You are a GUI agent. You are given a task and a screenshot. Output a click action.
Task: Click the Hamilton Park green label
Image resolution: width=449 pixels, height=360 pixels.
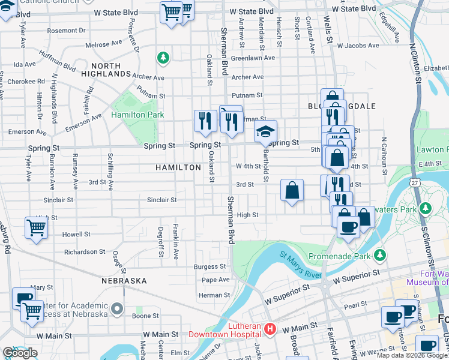[137, 114]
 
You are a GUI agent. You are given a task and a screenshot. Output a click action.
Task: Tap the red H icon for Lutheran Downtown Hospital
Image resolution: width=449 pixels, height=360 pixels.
[270, 329]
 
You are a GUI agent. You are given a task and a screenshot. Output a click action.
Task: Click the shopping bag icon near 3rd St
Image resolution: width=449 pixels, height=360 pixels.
[292, 191]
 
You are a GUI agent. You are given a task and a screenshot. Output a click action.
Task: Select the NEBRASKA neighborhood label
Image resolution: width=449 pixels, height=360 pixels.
[124, 280]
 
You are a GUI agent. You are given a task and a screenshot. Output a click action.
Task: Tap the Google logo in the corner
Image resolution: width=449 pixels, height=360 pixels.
[20, 353]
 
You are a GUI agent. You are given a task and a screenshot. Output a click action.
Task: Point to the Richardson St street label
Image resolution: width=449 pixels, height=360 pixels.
[85, 252]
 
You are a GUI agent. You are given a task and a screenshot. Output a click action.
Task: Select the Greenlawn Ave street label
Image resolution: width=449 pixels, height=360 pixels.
[253, 58]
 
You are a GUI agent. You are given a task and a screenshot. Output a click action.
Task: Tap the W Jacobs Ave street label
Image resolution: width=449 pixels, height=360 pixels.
[358, 45]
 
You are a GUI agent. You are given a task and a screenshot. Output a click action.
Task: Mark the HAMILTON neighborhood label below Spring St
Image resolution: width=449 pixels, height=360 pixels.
[178, 167]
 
